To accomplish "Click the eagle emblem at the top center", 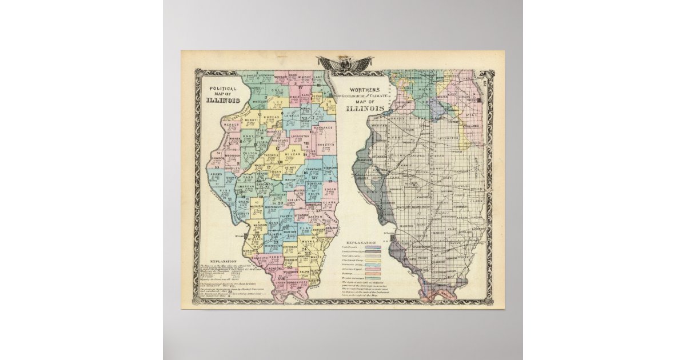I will pyautogui.click(x=345, y=63).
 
